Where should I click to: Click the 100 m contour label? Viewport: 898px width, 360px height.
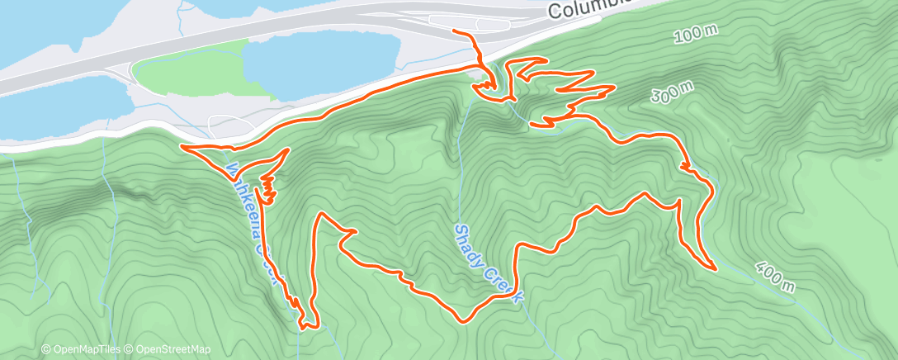[x=696, y=34]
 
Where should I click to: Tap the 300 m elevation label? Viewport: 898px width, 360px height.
[x=671, y=93]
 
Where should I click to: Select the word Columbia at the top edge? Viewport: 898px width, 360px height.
[x=583, y=8]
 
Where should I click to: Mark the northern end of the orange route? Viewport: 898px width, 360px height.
[x=454, y=31]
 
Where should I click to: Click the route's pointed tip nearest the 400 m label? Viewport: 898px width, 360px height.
[x=714, y=268]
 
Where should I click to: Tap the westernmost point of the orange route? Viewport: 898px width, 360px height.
[x=181, y=147]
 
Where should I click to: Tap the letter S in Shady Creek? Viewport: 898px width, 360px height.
[x=460, y=228]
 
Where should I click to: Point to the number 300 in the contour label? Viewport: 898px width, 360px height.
[x=664, y=97]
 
